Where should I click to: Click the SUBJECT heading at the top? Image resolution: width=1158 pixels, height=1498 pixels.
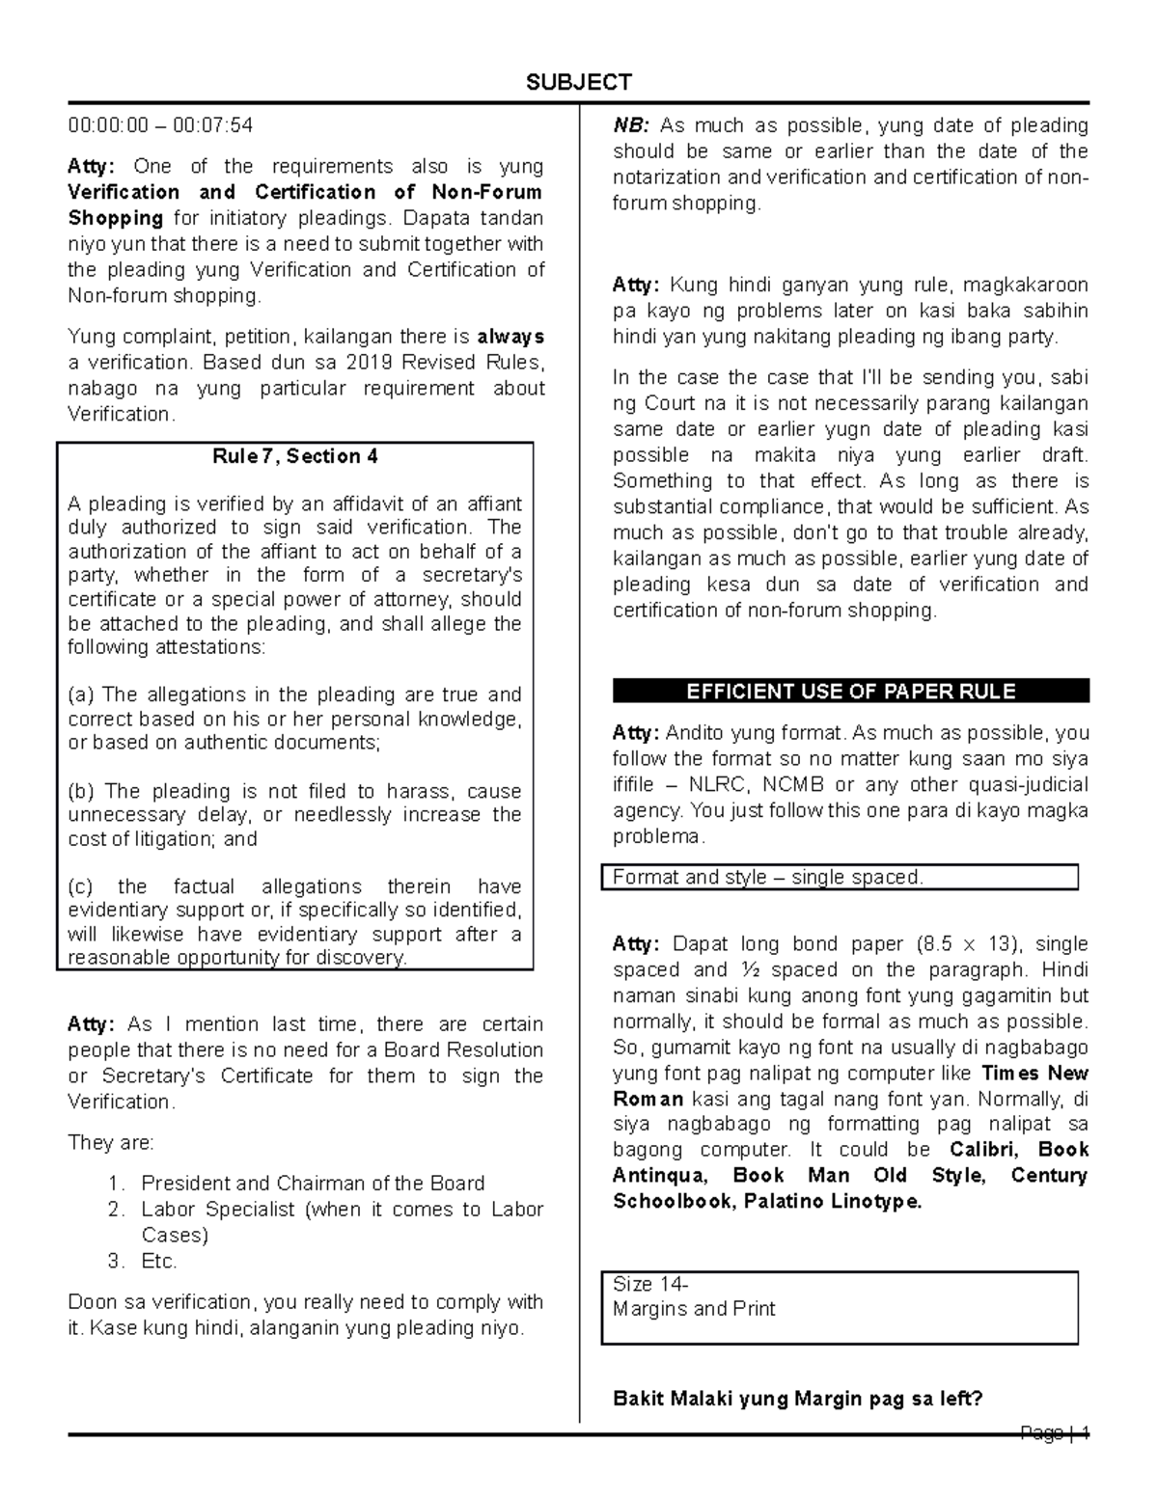pyautogui.click(x=579, y=82)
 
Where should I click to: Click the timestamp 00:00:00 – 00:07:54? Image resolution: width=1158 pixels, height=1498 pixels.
pyautogui.click(x=160, y=125)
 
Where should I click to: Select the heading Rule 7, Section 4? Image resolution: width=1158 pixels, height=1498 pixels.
pyautogui.click(x=295, y=457)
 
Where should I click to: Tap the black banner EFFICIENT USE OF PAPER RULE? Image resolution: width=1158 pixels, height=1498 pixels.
pyautogui.click(x=850, y=692)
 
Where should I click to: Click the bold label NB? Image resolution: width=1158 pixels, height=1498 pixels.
pyautogui.click(x=632, y=125)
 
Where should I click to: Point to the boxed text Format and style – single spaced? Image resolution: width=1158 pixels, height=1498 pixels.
pyautogui.click(x=768, y=878)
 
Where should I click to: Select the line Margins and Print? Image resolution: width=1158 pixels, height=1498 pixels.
pyautogui.click(x=694, y=1309)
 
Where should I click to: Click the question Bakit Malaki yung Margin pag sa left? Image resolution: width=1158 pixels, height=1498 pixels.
pyautogui.click(x=797, y=1398)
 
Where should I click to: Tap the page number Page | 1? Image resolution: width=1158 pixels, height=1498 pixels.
pyautogui.click(x=1055, y=1433)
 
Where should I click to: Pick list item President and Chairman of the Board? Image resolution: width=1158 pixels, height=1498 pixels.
pyautogui.click(x=313, y=1184)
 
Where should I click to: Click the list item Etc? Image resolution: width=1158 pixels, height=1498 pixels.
pyautogui.click(x=159, y=1262)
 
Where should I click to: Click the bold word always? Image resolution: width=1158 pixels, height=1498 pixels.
pyautogui.click(x=510, y=337)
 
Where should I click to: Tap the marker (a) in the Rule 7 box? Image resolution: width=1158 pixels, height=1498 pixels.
pyautogui.click(x=82, y=695)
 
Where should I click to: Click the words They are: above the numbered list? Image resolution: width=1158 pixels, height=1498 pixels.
pyautogui.click(x=111, y=1143)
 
